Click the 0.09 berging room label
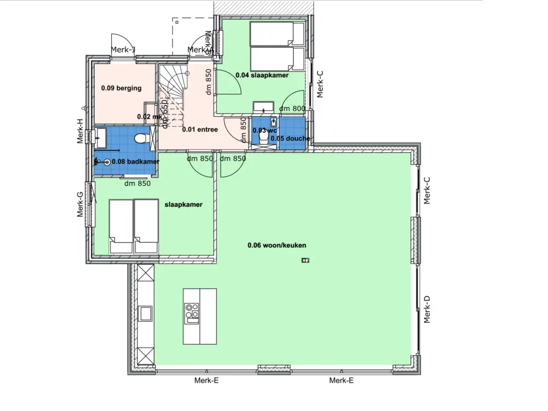coord(121,88)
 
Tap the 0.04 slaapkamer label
coord(262,76)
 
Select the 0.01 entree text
coord(200,129)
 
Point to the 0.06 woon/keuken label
coord(277,246)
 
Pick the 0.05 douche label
coord(290,138)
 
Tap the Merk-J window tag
coord(123,50)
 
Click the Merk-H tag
coord(80,132)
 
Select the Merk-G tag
coord(80,204)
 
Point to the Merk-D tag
coord(427,309)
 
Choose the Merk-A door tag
coord(200,50)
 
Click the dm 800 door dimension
coord(292,109)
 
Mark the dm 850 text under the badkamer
coord(137,184)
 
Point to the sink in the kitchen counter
coord(146,313)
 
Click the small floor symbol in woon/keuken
coord(305,260)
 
